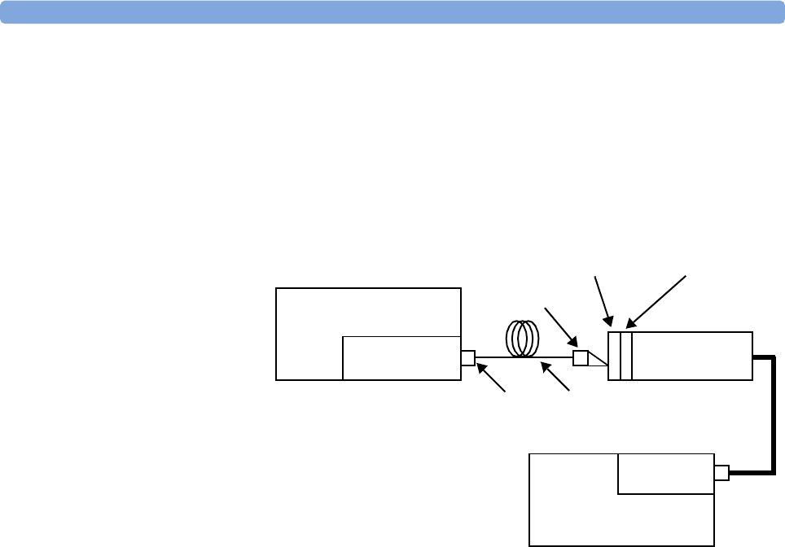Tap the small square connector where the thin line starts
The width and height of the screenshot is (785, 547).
click(467, 357)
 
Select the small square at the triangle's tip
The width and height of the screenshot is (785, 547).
click(581, 357)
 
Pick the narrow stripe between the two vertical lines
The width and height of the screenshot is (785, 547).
click(625, 356)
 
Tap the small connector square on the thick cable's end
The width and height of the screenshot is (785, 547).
click(721, 472)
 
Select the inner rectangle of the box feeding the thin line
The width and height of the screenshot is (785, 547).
click(401, 357)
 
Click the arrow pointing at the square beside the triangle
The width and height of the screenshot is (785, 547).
click(561, 325)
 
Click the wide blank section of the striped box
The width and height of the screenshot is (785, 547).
click(691, 356)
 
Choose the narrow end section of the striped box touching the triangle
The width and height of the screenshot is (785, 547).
click(614, 356)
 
